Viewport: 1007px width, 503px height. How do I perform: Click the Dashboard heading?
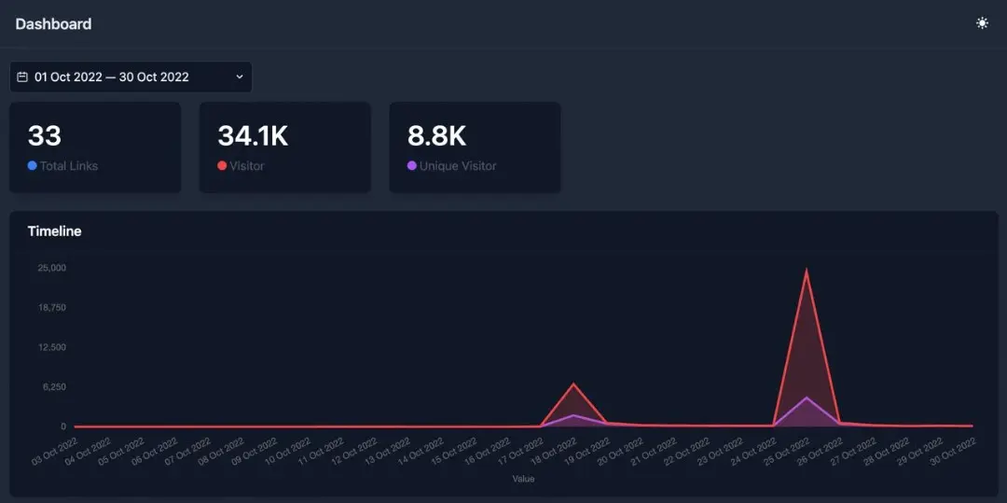point(53,24)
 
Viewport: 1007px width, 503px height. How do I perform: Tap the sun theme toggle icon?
point(982,23)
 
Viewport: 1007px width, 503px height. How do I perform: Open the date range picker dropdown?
point(131,77)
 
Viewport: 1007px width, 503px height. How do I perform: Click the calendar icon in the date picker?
point(22,77)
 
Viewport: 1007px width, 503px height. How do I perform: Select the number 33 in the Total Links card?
point(44,136)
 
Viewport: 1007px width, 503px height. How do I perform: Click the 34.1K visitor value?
point(253,136)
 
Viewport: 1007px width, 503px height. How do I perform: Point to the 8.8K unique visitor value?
point(436,136)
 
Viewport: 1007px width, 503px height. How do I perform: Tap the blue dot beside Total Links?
point(33,166)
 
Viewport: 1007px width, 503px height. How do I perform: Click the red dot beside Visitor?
point(222,166)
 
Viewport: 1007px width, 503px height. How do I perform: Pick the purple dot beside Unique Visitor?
point(412,166)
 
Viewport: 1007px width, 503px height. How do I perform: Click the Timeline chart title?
point(54,231)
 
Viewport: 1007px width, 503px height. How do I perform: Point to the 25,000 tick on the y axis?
point(51,268)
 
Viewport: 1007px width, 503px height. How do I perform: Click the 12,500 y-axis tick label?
point(51,347)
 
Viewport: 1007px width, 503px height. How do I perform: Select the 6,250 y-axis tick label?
point(53,386)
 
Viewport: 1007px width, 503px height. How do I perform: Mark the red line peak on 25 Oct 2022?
point(807,271)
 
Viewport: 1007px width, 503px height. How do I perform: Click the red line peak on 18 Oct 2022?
point(574,384)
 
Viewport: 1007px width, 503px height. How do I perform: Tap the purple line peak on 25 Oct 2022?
point(807,398)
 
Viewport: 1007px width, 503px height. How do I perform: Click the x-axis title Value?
point(524,479)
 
